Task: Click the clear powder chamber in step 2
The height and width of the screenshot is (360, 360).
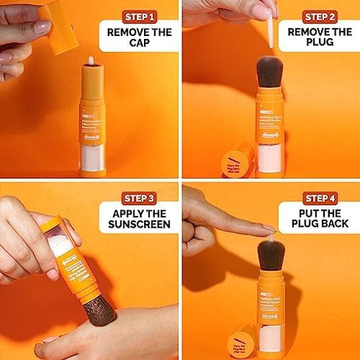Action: (270, 157)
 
